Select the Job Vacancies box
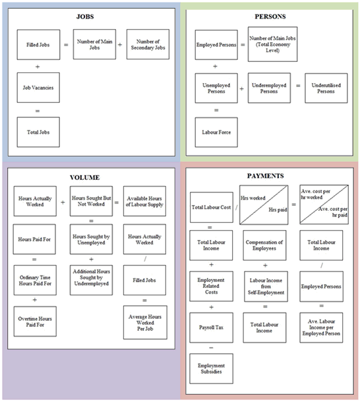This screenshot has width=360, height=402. (38, 88)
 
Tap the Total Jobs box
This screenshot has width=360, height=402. (38, 132)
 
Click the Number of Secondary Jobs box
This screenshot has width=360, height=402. (148, 44)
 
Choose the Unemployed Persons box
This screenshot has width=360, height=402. (216, 88)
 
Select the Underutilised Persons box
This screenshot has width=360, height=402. (326, 88)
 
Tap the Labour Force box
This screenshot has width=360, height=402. (216, 132)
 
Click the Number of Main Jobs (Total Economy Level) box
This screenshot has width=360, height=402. (270, 44)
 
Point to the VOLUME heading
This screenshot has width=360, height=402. (90, 177)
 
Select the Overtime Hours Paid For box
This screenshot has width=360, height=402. (35, 322)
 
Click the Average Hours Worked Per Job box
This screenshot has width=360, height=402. (144, 322)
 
